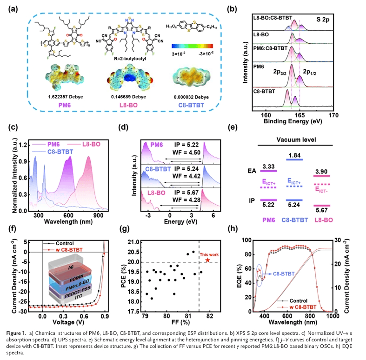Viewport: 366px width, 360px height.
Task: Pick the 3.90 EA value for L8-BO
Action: [320, 172]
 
